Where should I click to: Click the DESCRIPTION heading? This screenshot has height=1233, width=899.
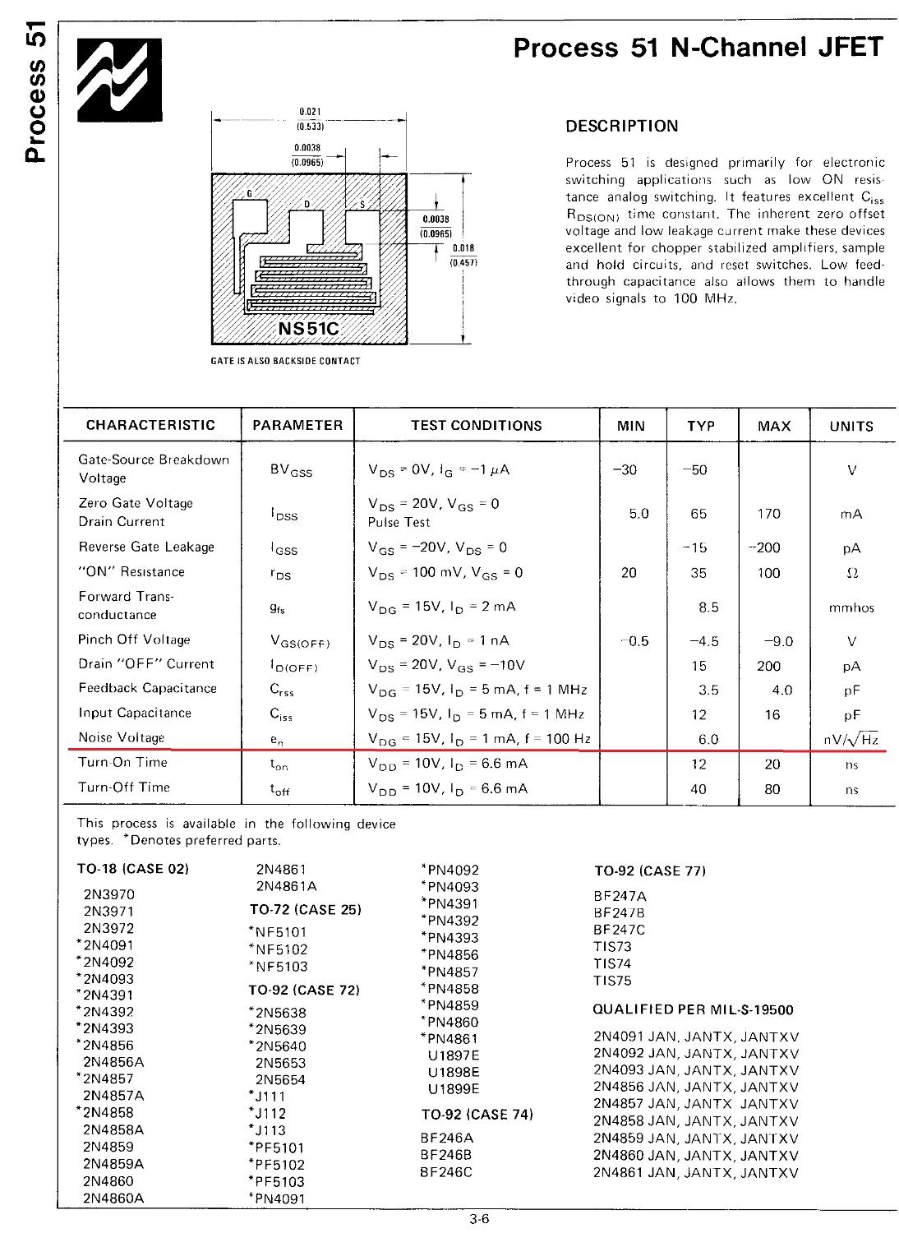click(x=622, y=127)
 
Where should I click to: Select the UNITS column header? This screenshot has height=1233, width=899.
click(x=851, y=426)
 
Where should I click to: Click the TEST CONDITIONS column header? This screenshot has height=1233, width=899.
click(x=477, y=426)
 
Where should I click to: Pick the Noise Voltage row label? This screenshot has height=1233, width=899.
click(x=122, y=737)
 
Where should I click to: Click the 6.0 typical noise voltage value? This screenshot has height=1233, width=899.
click(x=708, y=739)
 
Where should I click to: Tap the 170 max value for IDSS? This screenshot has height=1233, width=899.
click(x=768, y=514)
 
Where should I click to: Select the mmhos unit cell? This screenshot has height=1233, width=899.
click(x=851, y=608)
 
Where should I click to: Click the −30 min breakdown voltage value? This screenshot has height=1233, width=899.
click(x=625, y=470)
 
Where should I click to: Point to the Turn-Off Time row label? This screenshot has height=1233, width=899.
click(x=124, y=787)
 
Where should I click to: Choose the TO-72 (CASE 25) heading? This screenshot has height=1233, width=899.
click(x=305, y=910)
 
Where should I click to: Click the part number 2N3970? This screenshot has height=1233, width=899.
click(x=108, y=894)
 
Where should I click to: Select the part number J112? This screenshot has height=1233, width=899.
click(x=270, y=1113)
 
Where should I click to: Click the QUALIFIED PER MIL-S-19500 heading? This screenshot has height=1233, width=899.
click(x=693, y=1009)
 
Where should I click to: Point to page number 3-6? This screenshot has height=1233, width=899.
click(x=480, y=1220)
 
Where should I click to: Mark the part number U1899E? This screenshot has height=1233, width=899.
click(x=453, y=1089)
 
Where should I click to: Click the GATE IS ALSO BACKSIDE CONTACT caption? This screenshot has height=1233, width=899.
click(x=286, y=361)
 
